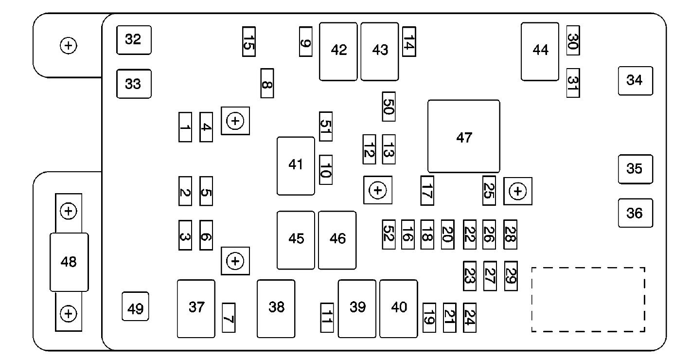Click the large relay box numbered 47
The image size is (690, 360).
click(463, 136)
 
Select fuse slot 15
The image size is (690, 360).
click(248, 42)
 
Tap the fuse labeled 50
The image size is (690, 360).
click(389, 107)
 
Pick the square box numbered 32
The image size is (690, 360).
click(134, 40)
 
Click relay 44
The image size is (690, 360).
click(540, 52)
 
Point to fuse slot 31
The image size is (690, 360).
click(573, 83)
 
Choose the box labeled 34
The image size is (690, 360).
click(635, 81)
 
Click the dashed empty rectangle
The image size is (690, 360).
click(588, 300)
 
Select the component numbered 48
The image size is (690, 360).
click(69, 262)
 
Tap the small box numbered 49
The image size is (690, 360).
click(135, 306)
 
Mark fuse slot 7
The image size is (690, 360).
click(229, 318)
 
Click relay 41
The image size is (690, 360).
click(296, 166)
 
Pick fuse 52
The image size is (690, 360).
click(389, 234)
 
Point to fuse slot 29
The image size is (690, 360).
click(511, 276)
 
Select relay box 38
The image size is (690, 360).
click(276, 308)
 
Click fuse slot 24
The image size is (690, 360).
click(469, 318)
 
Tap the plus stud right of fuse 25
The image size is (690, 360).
click(518, 191)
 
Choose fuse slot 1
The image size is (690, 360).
click(185, 127)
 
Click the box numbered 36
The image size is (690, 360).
click(635, 213)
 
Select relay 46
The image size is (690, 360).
click(337, 240)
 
